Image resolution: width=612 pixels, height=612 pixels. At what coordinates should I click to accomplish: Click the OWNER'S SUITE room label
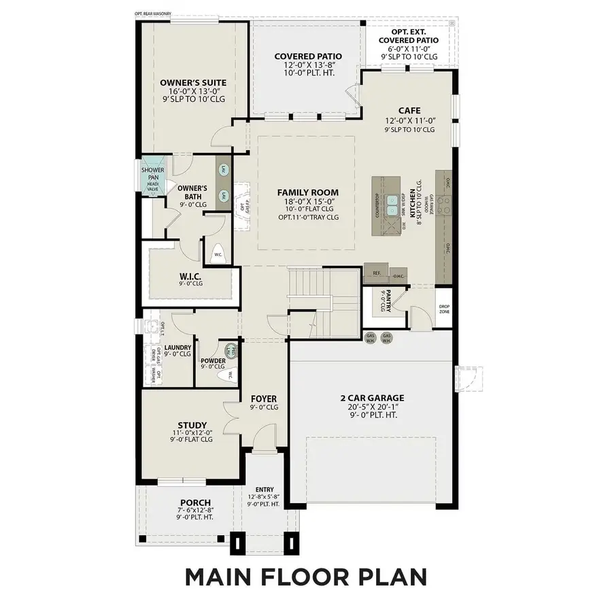[x=193, y=83]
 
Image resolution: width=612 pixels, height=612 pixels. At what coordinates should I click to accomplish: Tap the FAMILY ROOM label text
[x=307, y=192]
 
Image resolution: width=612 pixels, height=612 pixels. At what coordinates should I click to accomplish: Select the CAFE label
[x=409, y=110]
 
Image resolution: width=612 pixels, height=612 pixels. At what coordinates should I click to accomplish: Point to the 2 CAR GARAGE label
[x=372, y=398]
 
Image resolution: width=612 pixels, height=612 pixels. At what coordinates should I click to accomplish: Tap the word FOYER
[x=264, y=398]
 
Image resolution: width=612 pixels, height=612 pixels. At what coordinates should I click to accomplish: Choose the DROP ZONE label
[x=445, y=309]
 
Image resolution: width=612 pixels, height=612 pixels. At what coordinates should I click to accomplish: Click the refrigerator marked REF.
[x=377, y=273]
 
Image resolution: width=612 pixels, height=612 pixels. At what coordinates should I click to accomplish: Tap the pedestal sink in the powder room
[x=232, y=352]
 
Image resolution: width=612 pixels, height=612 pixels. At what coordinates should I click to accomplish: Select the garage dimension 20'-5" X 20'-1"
[x=372, y=407]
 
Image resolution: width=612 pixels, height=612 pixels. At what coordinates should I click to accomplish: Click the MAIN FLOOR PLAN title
[x=306, y=577]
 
